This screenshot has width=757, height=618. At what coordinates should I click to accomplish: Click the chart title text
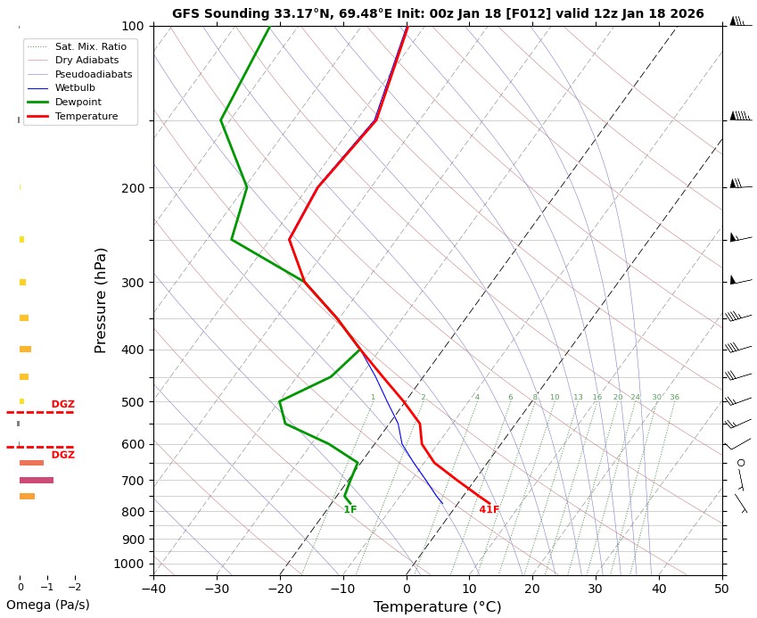[x=438, y=13]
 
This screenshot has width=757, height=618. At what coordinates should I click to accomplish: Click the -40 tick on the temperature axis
[x=153, y=588]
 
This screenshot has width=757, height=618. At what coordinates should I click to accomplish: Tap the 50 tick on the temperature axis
[x=723, y=588]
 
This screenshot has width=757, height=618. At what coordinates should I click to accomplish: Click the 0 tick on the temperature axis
[x=407, y=588]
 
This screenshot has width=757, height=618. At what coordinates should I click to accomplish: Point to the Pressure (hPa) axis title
[x=101, y=300]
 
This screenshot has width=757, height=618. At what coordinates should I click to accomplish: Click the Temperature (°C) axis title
[x=437, y=607]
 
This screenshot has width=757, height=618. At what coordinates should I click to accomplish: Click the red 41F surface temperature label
[x=490, y=510]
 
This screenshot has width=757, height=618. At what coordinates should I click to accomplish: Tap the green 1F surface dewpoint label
[x=350, y=510]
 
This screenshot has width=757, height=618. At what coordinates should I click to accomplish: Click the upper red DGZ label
[x=62, y=404]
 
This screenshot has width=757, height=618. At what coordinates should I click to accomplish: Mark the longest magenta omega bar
[x=37, y=480]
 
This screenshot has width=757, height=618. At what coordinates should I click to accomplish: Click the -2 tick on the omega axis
[x=73, y=588]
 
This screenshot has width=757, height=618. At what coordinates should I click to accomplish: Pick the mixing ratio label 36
[x=674, y=397]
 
